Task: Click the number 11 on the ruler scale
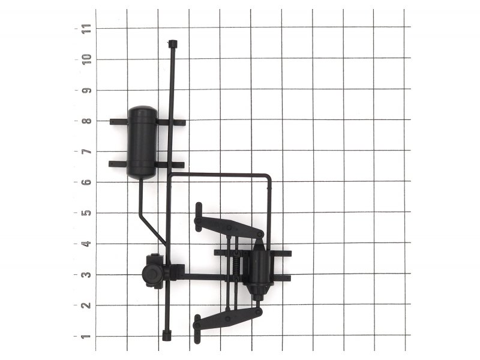tap(86, 29)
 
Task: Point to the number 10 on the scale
tap(86, 59)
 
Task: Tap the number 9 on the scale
tap(86, 91)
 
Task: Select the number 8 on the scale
tap(86, 121)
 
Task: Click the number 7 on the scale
tap(86, 152)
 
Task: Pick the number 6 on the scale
tap(86, 182)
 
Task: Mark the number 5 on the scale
tap(86, 213)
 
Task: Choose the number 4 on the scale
tap(86, 244)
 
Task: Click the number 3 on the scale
tap(86, 275)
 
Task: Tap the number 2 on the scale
tap(86, 305)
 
